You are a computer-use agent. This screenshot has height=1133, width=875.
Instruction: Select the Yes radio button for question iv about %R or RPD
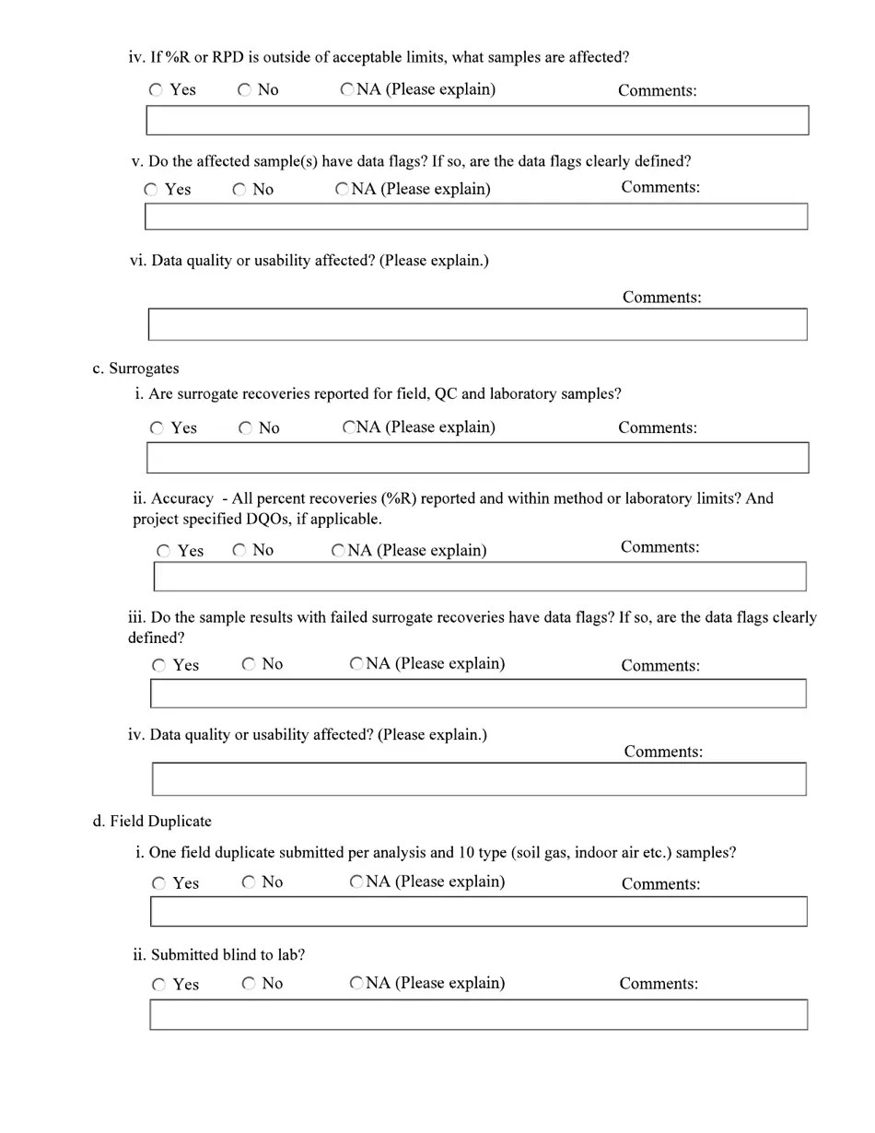tap(157, 90)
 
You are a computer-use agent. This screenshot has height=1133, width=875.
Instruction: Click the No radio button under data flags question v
tap(239, 190)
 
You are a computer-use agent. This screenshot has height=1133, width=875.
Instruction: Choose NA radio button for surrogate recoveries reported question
tap(349, 427)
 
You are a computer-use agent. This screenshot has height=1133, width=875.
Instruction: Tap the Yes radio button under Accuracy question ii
tap(164, 551)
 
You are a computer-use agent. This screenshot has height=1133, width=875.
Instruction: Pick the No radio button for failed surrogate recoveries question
tap(249, 664)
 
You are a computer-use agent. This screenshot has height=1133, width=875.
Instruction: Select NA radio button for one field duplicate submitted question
tap(356, 882)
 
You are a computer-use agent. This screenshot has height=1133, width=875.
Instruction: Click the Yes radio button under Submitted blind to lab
tap(159, 985)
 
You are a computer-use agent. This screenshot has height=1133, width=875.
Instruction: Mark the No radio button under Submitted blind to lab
tap(249, 984)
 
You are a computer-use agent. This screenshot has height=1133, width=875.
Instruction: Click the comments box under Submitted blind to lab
tap(478, 1014)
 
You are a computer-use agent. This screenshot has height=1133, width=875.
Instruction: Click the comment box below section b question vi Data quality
tap(477, 324)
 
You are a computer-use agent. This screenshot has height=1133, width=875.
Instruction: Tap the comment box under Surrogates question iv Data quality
tap(478, 778)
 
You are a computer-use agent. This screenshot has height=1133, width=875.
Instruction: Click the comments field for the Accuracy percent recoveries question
tap(479, 576)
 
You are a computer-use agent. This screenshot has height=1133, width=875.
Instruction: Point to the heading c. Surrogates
tap(135, 368)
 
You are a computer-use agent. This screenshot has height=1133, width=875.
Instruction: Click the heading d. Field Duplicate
tap(152, 821)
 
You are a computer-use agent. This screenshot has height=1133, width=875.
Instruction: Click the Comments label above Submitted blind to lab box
tap(658, 983)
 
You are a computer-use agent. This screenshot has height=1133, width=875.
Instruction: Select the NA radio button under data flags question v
tap(342, 189)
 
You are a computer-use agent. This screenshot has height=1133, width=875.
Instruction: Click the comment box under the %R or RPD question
tap(477, 121)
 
